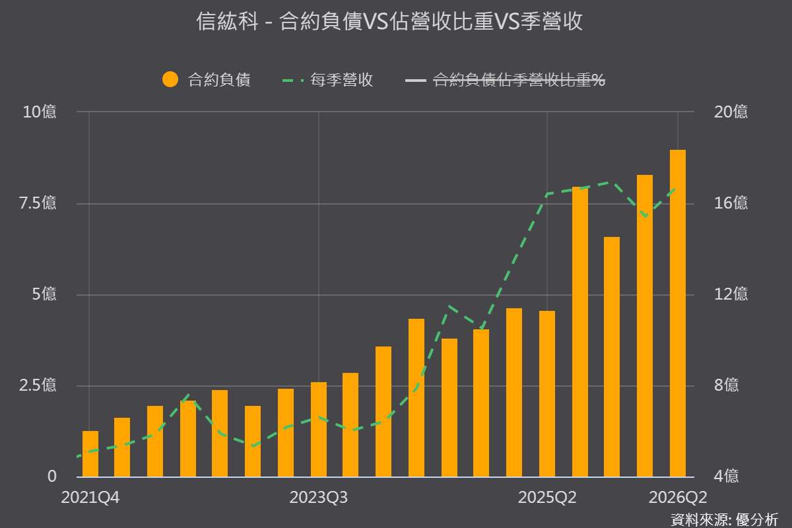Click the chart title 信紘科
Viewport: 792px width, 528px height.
226,21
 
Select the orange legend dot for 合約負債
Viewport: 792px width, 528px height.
170,79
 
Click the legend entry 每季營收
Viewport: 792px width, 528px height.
342,80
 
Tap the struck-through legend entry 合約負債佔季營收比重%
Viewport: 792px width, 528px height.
519,80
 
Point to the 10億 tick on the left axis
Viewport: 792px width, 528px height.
40,112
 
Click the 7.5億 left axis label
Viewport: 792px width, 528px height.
38,203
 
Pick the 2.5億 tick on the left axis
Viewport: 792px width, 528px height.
38,385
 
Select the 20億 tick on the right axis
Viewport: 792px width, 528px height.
731,112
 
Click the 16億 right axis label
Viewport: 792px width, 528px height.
731,203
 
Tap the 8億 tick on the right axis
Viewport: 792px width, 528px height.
726,385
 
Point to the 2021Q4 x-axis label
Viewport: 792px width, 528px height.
90,498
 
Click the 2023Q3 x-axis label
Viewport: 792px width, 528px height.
319,498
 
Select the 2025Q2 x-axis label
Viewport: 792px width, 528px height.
547,498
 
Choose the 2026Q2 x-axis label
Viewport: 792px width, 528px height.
678,498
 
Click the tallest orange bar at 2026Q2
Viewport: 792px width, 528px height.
678,313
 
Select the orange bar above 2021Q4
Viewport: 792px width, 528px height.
90,453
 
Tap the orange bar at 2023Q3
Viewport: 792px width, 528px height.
319,430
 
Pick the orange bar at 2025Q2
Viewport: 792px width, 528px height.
547,394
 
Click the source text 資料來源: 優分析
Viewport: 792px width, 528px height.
724,520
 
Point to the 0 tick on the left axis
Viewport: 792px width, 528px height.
52,477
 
